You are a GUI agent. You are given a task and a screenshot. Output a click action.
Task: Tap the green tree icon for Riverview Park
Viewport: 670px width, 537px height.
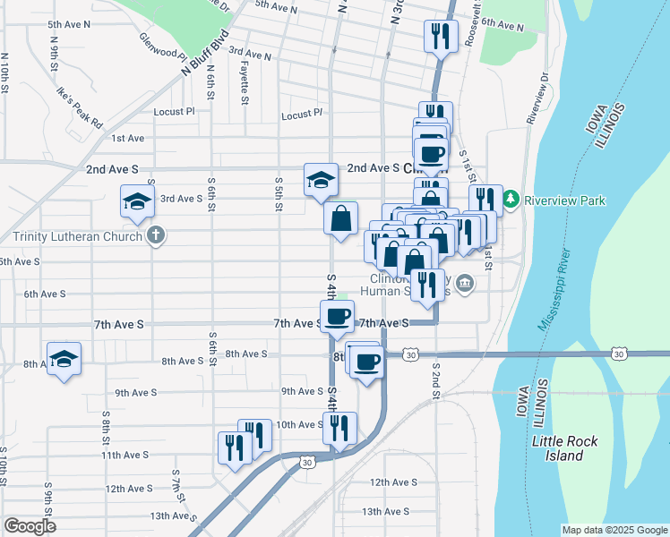[511, 198]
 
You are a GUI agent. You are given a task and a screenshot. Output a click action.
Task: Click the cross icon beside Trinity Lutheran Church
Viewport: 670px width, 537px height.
[156, 236]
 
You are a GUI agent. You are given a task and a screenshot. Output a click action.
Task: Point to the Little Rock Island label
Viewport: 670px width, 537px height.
[570, 448]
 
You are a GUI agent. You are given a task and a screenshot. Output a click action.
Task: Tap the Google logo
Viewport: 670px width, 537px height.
[30, 526]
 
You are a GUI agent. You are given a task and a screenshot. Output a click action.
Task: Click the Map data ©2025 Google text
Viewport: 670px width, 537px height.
[614, 530]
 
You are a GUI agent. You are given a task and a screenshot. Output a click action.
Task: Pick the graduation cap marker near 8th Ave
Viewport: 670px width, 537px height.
[64, 360]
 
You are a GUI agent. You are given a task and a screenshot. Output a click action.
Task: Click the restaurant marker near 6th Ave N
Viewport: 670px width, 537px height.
[440, 36]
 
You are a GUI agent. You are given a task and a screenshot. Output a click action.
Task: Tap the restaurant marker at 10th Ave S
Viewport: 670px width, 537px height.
[339, 427]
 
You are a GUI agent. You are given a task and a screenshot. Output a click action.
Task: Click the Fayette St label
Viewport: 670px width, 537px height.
[245, 88]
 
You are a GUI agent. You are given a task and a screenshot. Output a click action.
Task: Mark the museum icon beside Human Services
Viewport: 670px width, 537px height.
[464, 285]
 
